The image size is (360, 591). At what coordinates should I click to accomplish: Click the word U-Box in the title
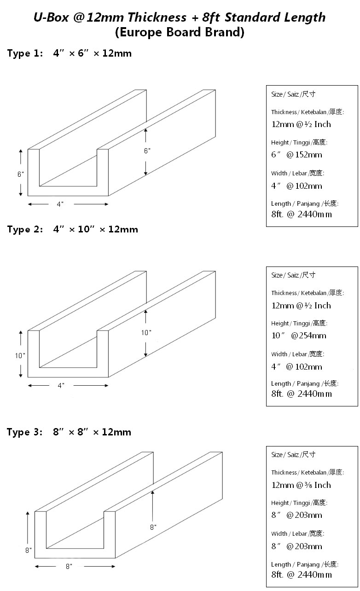[51, 17]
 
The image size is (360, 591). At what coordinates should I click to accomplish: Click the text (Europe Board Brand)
[180, 32]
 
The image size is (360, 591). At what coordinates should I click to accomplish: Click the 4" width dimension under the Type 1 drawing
[60, 204]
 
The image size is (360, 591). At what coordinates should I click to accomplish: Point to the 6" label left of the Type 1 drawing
[21, 174]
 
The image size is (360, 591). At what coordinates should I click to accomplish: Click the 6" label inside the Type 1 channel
[147, 151]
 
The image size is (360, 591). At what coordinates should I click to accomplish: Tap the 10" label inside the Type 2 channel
[146, 332]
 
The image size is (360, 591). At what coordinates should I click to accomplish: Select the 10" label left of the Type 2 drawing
[20, 356]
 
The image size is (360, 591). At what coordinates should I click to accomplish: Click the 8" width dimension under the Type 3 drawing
[69, 567]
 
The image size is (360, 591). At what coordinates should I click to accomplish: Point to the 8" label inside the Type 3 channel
[153, 527]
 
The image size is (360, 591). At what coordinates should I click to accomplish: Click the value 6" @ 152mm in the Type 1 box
[296, 155]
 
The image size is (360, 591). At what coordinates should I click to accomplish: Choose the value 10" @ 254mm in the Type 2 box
[299, 336]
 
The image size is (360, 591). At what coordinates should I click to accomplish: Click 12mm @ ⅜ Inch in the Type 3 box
[301, 485]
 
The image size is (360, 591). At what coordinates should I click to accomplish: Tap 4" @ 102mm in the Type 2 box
[296, 367]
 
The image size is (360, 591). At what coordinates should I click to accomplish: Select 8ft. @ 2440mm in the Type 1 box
[302, 214]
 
